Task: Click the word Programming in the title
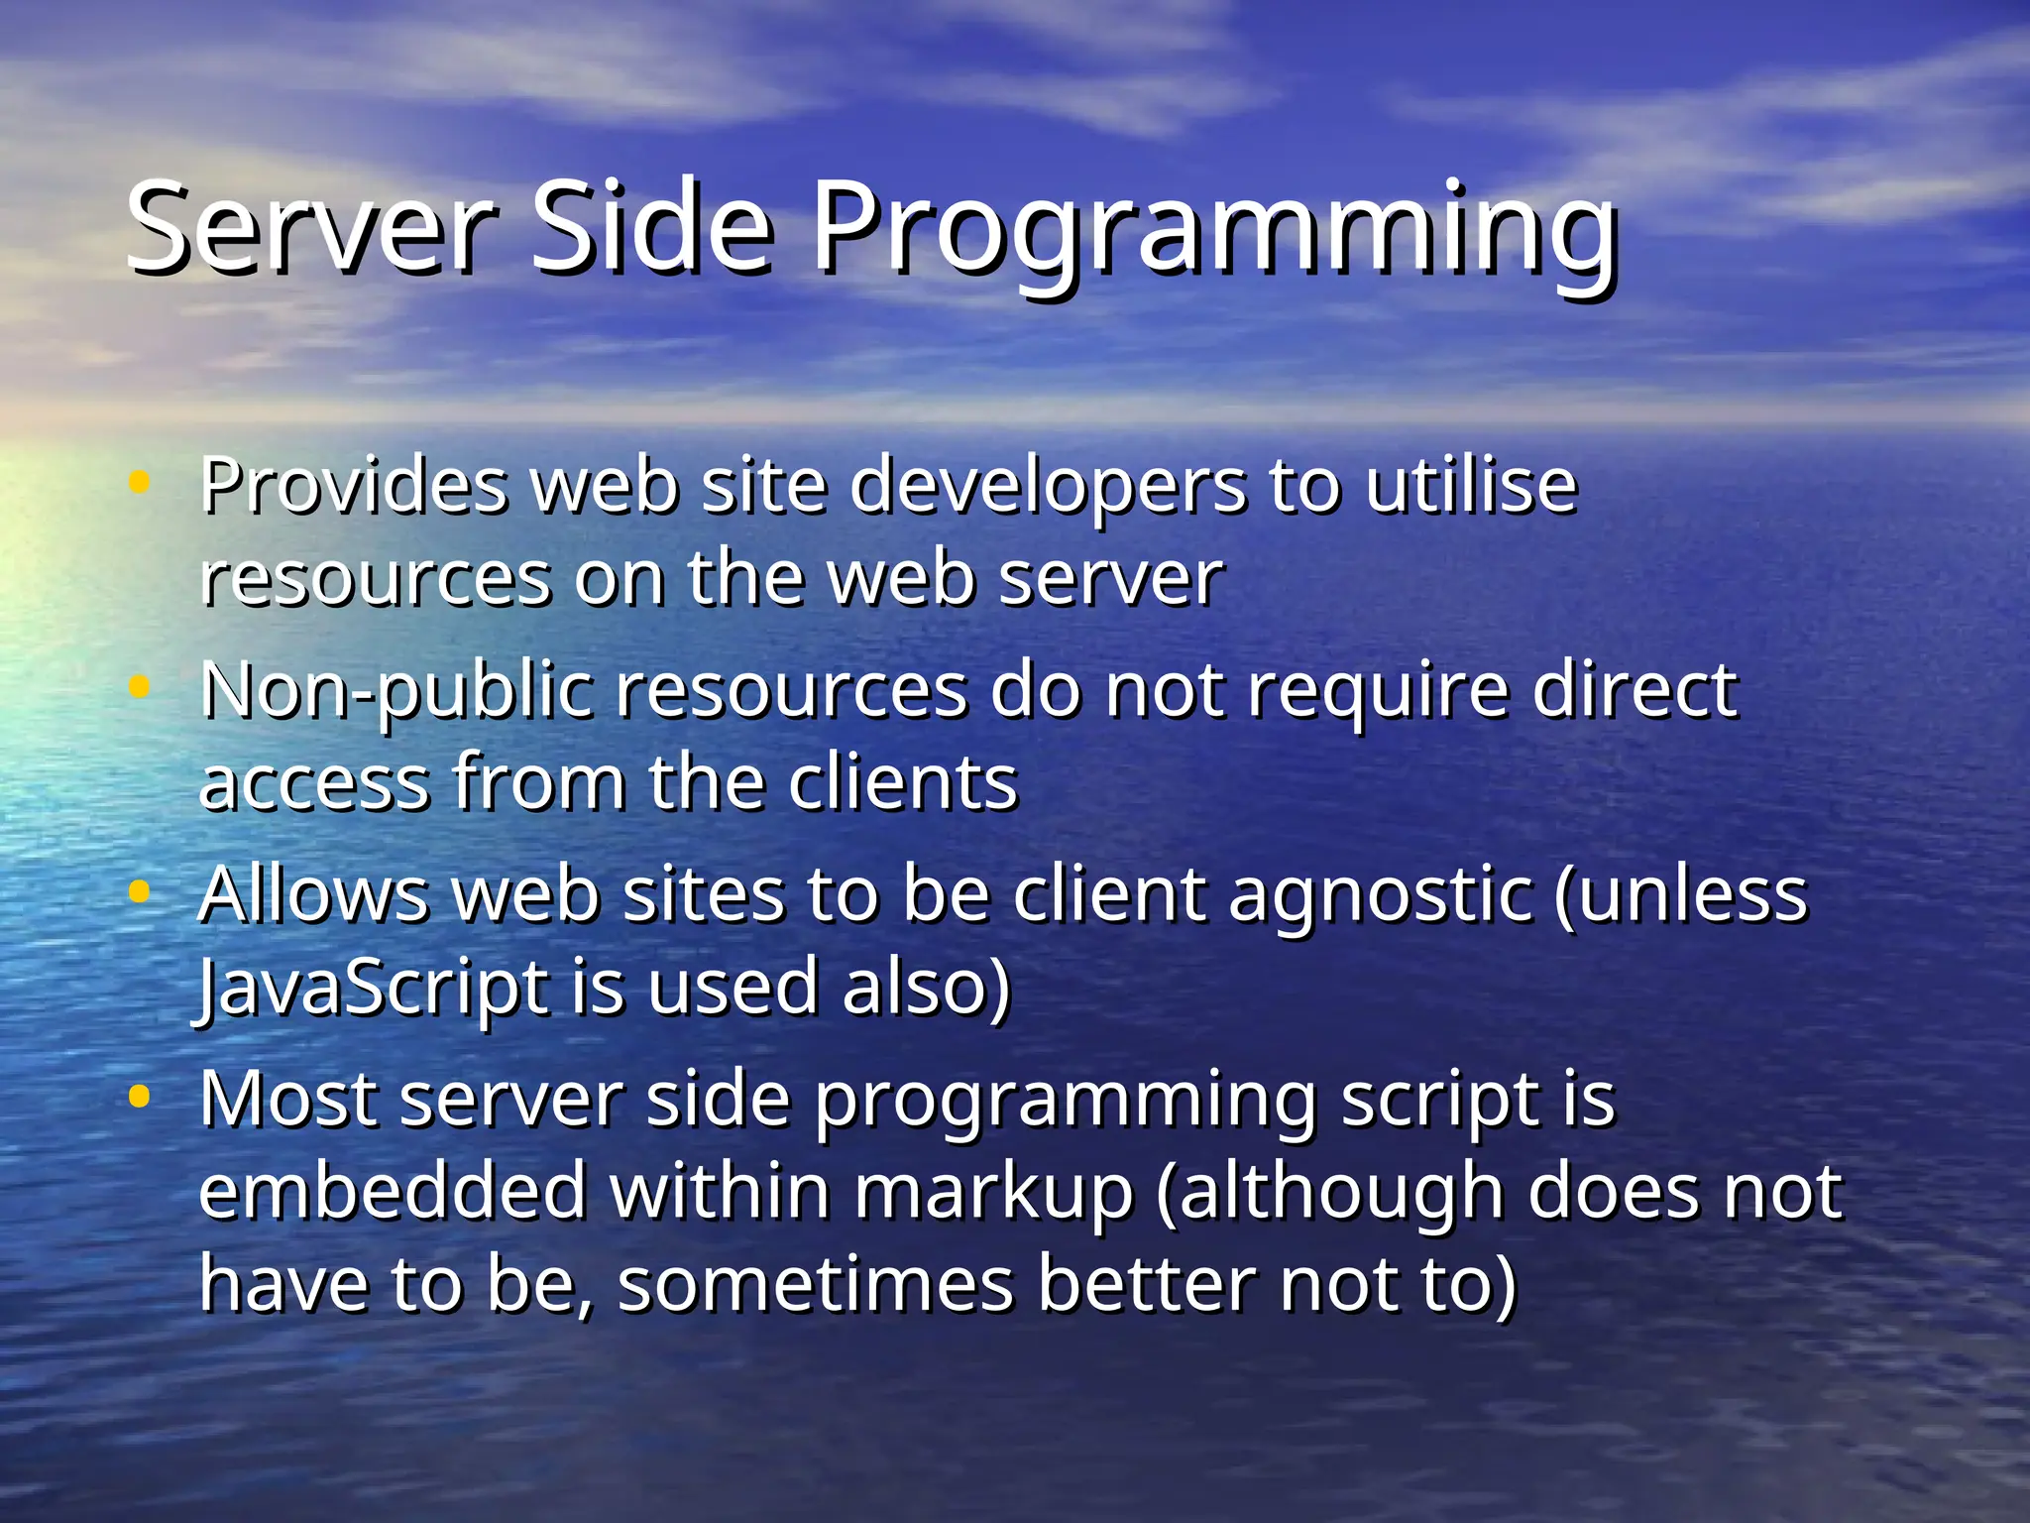1215,233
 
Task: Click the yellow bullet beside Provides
140,483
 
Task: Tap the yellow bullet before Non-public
140,686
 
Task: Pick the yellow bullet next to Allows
140,891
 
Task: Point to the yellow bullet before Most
140,1097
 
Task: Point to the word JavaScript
373,990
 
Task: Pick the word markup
993,1194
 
